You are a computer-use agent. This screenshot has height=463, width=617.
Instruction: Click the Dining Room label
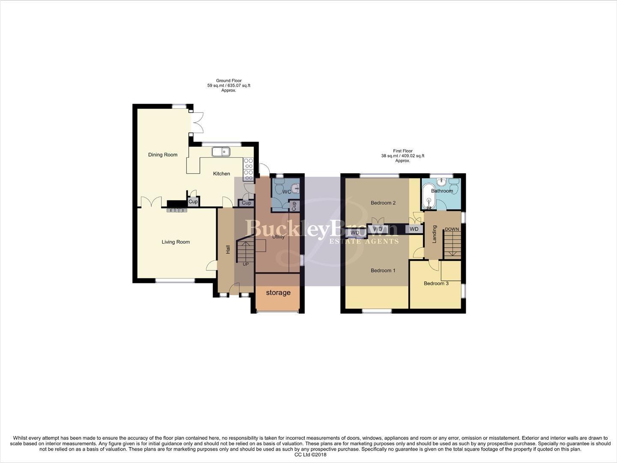(x=163, y=155)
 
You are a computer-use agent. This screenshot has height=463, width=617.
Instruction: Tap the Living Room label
(x=176, y=242)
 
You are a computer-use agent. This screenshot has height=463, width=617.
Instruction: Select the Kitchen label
(x=222, y=174)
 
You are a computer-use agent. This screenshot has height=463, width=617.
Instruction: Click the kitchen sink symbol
(x=221, y=151)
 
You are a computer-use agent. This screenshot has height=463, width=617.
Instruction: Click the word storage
(x=278, y=293)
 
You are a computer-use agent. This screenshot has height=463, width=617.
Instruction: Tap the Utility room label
(x=278, y=237)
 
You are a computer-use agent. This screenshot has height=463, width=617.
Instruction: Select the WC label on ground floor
(x=286, y=192)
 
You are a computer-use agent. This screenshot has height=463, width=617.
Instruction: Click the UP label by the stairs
(x=246, y=264)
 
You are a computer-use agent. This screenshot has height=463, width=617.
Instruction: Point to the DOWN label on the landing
(x=452, y=229)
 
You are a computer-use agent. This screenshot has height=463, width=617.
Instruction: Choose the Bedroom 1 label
(x=383, y=271)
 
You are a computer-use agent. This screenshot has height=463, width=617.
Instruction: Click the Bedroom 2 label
(x=383, y=203)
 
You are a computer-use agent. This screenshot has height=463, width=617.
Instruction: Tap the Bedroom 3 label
(x=436, y=283)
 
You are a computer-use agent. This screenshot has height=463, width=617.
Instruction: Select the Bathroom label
(x=442, y=191)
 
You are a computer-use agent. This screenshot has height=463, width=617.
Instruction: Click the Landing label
(x=434, y=235)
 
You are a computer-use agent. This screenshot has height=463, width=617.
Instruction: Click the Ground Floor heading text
(x=229, y=81)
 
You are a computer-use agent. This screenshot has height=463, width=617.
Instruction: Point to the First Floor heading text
(x=402, y=151)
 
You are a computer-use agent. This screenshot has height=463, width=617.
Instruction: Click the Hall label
(x=228, y=249)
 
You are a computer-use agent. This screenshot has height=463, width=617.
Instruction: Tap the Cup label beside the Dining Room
(x=194, y=201)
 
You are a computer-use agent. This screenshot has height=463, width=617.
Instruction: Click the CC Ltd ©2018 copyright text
(x=310, y=455)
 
